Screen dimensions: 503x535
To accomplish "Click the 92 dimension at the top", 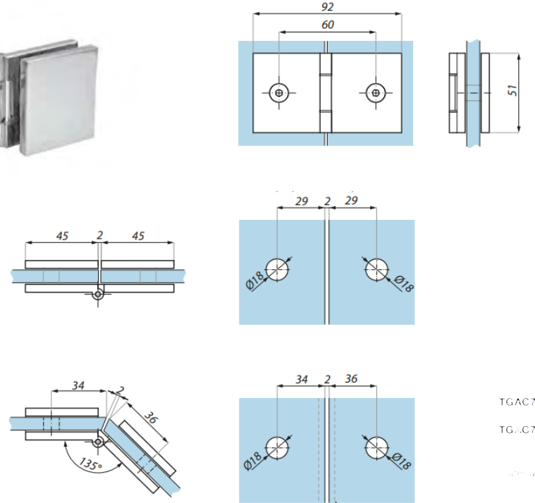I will point(326,7).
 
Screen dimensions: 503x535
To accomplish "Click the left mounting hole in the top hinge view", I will point(281,92).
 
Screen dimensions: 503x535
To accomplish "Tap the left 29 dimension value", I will point(301,201).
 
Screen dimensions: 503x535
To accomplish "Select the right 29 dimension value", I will point(351,201).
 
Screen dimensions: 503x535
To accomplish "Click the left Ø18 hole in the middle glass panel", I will point(278,268).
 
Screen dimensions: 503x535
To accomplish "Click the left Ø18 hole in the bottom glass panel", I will point(278,447).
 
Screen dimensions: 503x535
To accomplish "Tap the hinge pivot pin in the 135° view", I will point(99,442).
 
